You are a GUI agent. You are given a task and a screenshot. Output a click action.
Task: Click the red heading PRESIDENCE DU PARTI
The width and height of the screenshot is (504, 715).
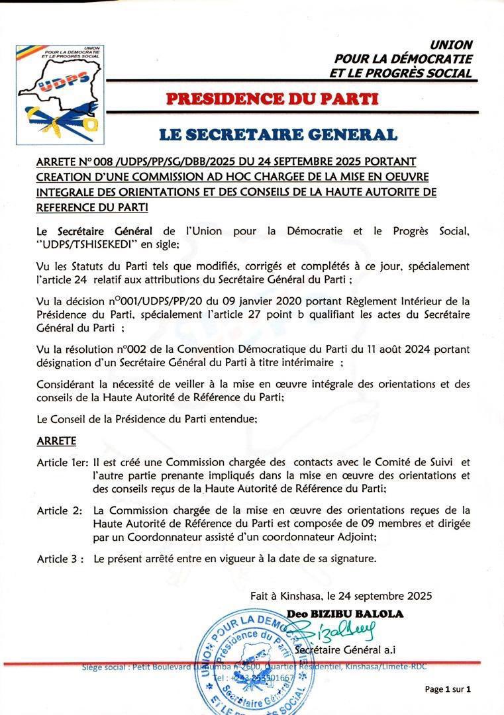tap(272, 99)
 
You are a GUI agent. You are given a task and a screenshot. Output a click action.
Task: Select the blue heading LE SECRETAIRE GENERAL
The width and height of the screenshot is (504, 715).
tap(278, 135)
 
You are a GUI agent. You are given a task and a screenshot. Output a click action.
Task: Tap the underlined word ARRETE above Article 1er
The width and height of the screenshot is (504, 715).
tap(56, 441)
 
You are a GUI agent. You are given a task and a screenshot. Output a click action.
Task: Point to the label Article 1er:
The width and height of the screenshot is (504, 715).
tap(62, 463)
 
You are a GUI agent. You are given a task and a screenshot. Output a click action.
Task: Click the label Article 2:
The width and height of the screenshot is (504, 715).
tap(60, 510)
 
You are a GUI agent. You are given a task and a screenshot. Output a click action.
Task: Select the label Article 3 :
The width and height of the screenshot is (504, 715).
tap(60, 559)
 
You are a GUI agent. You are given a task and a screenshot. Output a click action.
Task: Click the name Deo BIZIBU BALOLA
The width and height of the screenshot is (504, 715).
tap(345, 614)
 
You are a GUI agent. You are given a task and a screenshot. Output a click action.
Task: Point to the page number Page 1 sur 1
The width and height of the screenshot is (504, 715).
tap(447, 689)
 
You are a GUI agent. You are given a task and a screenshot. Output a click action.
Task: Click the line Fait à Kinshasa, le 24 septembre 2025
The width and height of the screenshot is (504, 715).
tap(341, 596)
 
